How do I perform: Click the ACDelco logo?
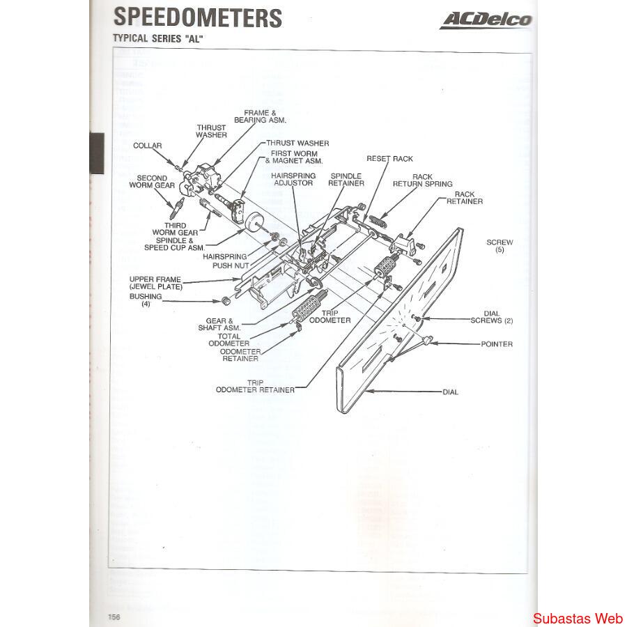coord(486,20)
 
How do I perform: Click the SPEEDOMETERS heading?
coord(197,17)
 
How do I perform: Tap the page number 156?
coord(114,617)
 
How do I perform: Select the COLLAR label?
coord(148,146)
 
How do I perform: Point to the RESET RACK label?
coord(389,159)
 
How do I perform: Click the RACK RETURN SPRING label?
coord(422,180)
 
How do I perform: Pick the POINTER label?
coord(496,344)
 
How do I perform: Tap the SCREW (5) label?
coord(500,246)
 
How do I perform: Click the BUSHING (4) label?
coord(146,300)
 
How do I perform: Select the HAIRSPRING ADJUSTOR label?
coord(294,179)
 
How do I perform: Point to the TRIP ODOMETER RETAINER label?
coord(255,386)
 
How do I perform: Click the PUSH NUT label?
coord(231,265)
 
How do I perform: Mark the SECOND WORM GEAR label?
coord(152,182)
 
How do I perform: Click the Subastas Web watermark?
coord(578,618)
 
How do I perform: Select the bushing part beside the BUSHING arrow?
coord(226,301)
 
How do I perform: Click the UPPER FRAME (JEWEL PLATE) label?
coord(155,283)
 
